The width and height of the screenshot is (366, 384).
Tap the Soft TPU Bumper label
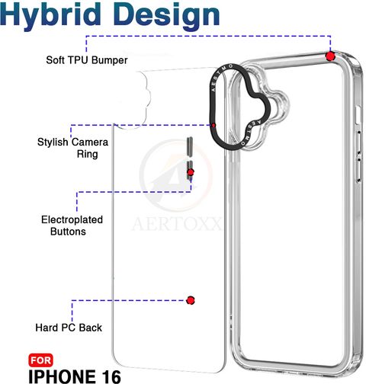87,60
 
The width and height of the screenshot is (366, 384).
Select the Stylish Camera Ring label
72,148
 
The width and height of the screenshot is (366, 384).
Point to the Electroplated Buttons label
72,226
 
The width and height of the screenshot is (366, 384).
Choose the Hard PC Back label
69,328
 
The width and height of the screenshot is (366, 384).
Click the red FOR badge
40,360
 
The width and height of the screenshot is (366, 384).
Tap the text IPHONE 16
75,376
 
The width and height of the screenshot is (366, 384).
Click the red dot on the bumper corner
330,56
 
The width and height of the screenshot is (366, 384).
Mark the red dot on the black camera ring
213,125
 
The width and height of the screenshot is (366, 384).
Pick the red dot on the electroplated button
191,172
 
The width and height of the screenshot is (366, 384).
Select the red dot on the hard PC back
191,300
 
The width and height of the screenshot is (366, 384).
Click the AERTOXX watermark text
176,224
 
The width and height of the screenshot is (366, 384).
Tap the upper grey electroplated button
190,146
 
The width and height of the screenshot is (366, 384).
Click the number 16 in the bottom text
111,376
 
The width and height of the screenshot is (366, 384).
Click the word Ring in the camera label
88,154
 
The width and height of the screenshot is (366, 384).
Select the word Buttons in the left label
68,232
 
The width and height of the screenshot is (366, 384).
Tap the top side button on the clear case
358,116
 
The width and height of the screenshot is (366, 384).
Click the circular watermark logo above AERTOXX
176,175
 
